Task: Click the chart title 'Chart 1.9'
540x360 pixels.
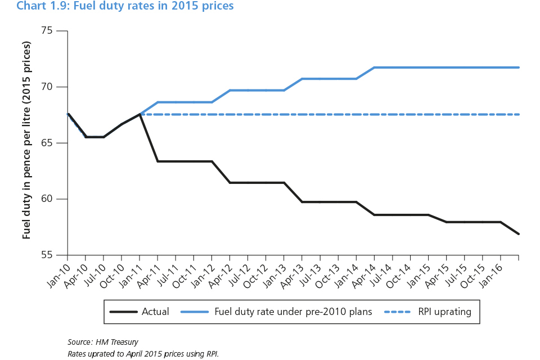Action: point(125,6)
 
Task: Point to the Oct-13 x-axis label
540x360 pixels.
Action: point(331,271)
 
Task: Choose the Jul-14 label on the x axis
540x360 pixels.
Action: point(385,271)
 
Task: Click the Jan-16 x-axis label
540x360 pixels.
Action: point(493,271)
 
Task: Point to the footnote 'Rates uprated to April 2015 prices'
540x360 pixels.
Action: point(143,353)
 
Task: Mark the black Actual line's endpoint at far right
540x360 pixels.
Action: point(518,233)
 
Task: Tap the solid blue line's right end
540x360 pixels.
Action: point(518,67)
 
